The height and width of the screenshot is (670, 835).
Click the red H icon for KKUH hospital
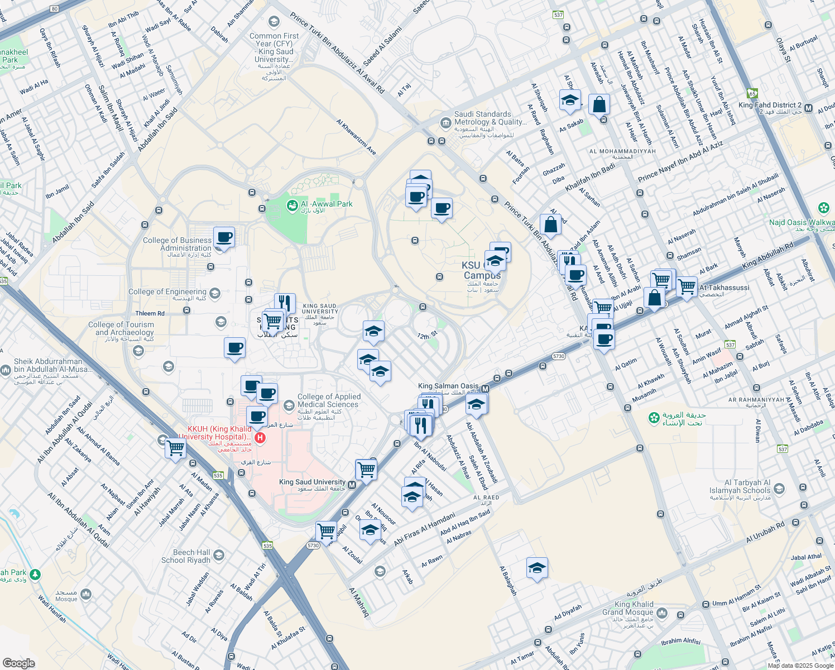[259, 437]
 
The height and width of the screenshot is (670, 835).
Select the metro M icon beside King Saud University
[352, 485]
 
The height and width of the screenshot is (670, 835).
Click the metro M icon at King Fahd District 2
[808, 108]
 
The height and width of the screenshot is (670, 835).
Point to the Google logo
[18, 663]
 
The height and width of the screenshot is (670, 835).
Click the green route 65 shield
[752, 93]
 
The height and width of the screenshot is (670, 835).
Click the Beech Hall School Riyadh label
[185, 556]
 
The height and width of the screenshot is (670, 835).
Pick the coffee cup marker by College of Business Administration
[224, 237]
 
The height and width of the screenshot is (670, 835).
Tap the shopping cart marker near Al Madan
[176, 448]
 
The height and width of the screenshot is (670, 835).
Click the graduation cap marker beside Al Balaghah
[537, 568]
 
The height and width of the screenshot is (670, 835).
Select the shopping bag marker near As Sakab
[599, 104]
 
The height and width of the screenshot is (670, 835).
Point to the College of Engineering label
[167, 291]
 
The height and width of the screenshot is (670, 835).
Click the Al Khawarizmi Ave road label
[356, 136]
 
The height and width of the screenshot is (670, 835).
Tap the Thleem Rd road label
[150, 313]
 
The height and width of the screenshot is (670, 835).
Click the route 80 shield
[54, 9]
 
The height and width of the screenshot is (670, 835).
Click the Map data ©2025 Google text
[799, 666]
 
